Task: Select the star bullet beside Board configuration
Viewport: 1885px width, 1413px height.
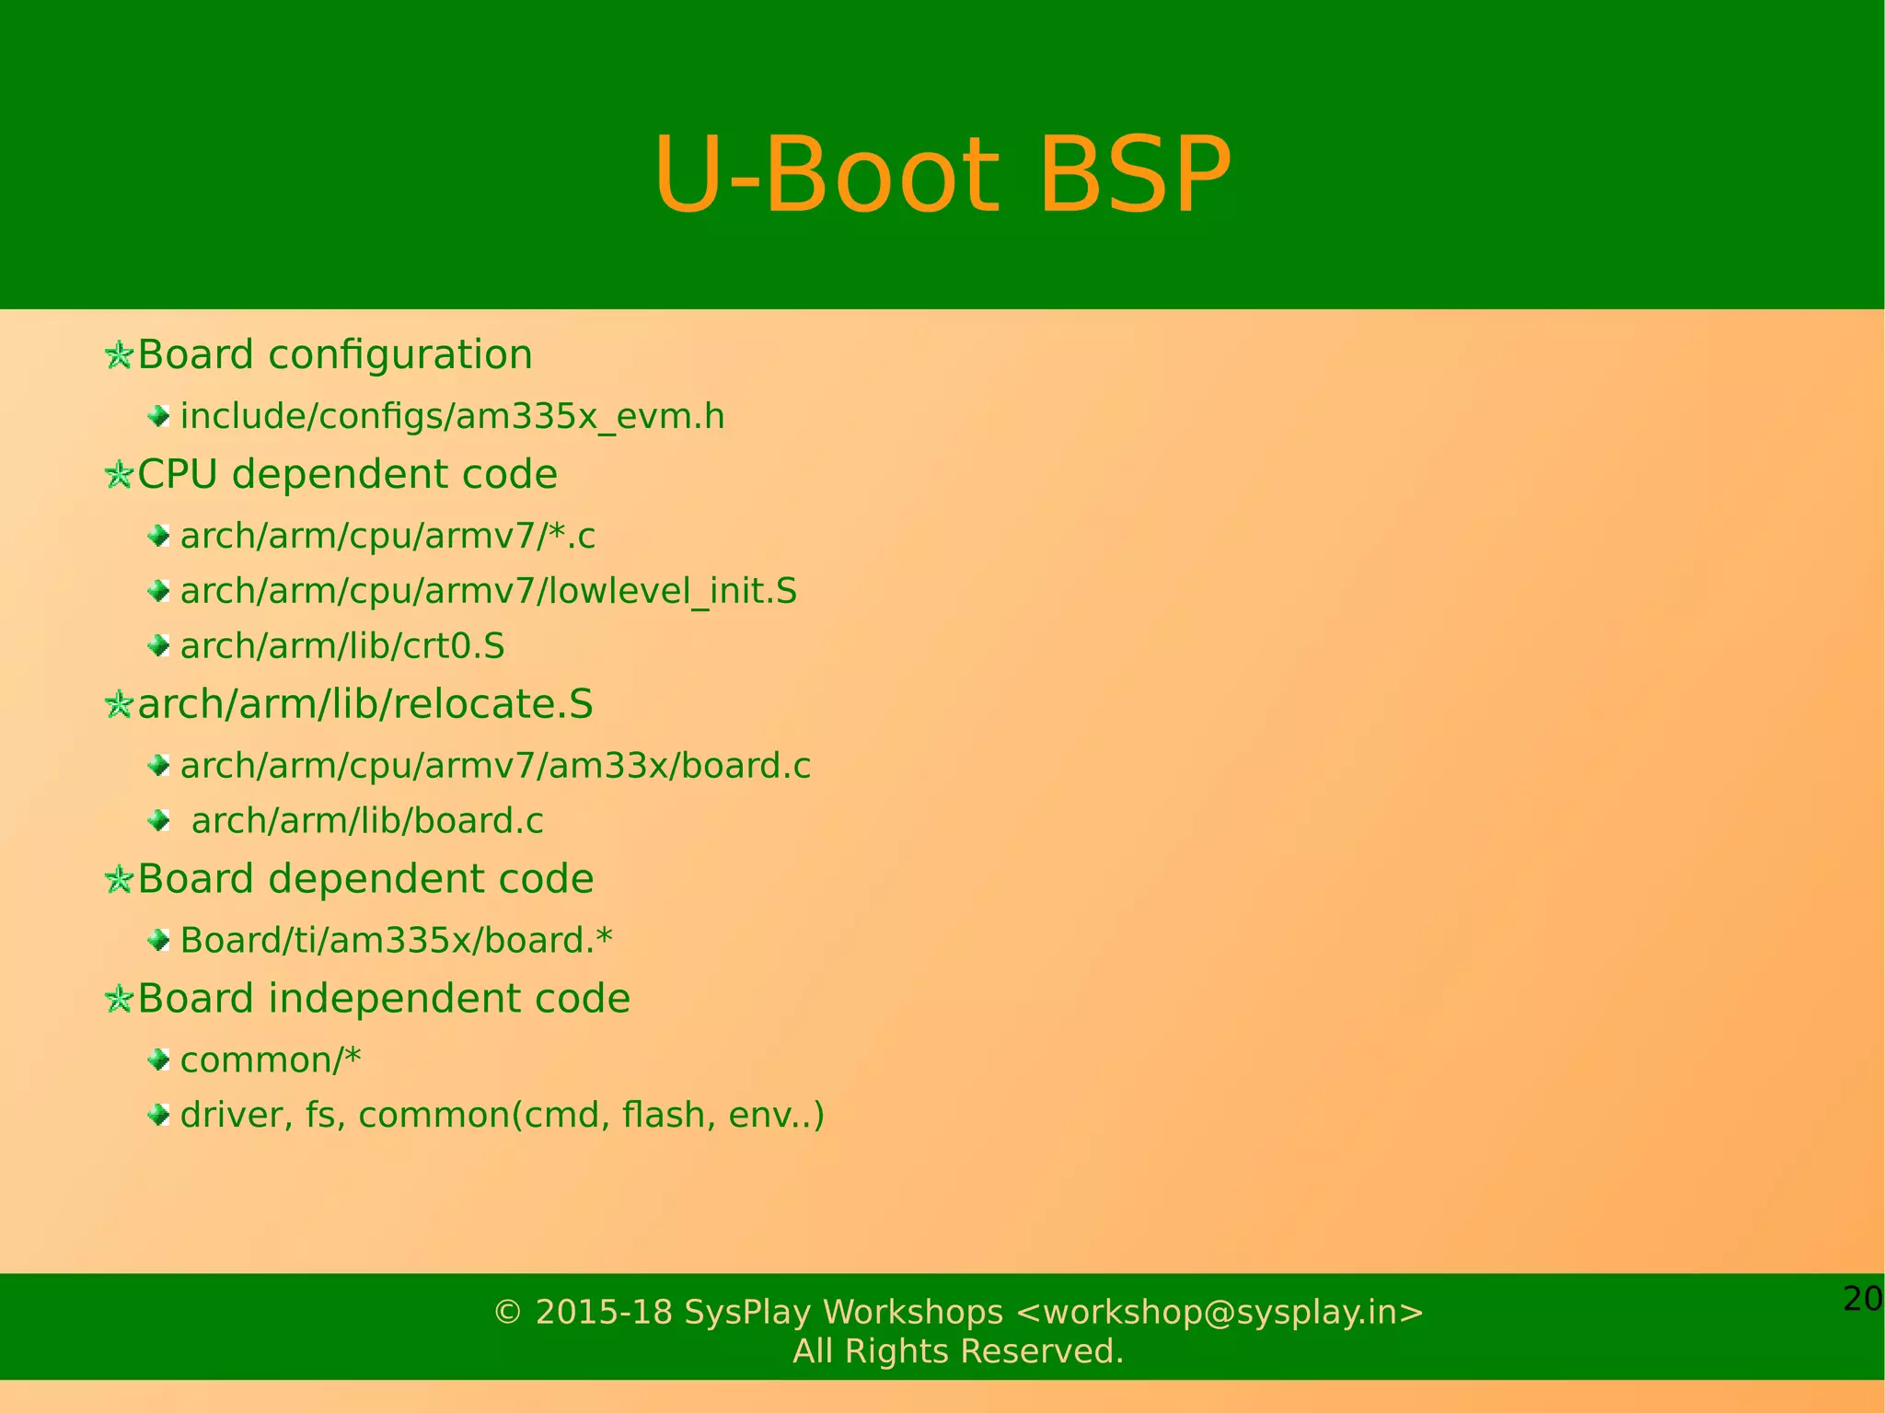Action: (x=119, y=355)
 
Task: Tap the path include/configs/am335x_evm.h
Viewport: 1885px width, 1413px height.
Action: (x=452, y=417)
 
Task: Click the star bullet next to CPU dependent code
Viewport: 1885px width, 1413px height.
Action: (x=119, y=475)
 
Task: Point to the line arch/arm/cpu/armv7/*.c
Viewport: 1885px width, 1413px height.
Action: (x=387, y=537)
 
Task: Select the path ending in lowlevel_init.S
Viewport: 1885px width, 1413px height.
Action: (x=488, y=591)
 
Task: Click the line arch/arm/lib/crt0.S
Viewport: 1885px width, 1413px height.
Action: (x=342, y=646)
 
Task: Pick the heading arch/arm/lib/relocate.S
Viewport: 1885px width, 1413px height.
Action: (x=364, y=704)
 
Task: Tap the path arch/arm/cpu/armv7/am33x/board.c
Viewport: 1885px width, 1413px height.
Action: (x=495, y=766)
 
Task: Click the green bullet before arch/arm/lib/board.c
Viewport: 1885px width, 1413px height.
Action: (x=158, y=819)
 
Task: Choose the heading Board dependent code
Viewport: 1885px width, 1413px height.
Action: (x=364, y=879)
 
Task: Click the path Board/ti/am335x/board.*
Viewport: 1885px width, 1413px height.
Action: (x=396, y=941)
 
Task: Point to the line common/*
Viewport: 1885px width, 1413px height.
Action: (x=271, y=1060)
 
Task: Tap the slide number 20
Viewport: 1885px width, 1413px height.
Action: (x=1862, y=1299)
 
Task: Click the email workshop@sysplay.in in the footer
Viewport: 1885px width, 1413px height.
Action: (x=1220, y=1312)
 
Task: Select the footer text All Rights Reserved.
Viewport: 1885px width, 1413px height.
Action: (x=958, y=1351)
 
